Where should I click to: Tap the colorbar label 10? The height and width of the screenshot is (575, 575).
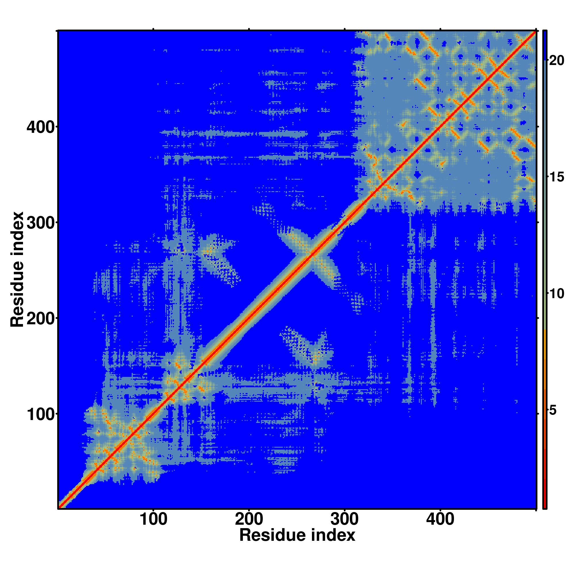(x=556, y=294)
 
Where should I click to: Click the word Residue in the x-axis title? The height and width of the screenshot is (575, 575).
(x=272, y=535)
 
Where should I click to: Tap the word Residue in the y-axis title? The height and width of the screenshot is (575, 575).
(x=17, y=299)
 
